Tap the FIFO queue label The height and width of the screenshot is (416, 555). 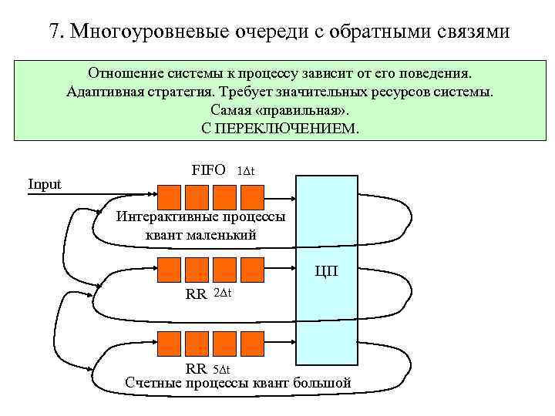pos(208,170)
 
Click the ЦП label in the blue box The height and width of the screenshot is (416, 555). pos(325,271)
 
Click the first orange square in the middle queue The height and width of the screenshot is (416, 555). pos(169,269)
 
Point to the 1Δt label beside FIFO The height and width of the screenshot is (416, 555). pos(246,171)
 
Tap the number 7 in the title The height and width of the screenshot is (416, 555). pos(53,32)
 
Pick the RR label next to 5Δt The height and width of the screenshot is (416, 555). pos(196,369)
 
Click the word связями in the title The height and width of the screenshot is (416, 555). pos(476,32)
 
